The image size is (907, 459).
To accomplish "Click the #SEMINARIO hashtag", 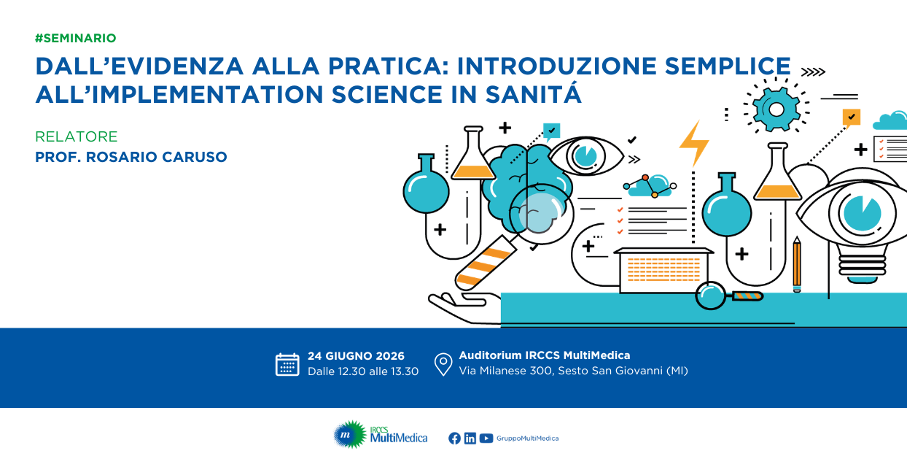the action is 76,38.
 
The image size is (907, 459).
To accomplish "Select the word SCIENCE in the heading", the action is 386,94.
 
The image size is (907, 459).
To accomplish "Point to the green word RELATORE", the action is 76,136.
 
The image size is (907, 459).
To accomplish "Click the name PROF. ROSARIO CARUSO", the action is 131,157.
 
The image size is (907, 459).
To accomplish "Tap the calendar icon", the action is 287,365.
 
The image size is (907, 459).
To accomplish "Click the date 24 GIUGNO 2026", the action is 356,356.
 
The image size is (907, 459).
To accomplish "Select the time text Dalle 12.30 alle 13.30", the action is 363,371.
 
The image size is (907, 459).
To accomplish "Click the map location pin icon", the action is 443,364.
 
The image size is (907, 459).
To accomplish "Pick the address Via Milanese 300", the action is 505,371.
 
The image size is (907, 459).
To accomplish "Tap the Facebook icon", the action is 454,439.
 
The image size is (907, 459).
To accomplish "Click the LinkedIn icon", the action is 470,439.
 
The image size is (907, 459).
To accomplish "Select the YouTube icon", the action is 486,439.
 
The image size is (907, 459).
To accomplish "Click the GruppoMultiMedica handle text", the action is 528,439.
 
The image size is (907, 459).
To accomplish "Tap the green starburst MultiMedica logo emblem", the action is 349,434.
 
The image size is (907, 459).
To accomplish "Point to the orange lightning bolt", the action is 694,143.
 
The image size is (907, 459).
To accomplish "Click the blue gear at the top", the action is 776,109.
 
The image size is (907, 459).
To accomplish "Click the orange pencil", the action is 797,264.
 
